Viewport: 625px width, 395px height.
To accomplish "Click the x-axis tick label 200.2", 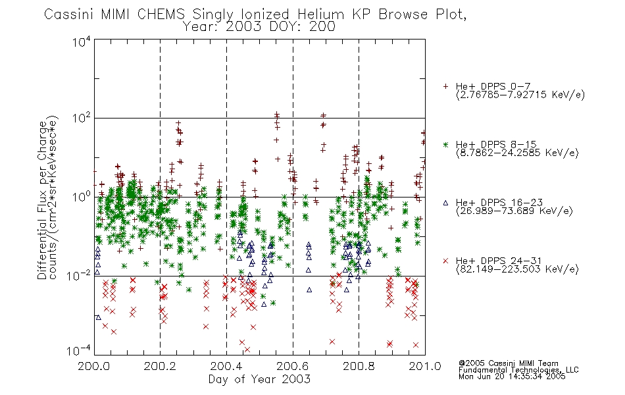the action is [x=160, y=366].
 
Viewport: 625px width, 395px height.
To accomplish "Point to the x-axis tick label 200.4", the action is [x=226, y=366].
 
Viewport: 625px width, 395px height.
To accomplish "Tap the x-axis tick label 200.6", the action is [x=292, y=366].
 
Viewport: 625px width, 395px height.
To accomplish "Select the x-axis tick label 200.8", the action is [x=359, y=366].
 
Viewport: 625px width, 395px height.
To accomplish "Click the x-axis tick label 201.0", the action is [x=425, y=366].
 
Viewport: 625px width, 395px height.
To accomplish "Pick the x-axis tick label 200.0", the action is [x=93, y=366].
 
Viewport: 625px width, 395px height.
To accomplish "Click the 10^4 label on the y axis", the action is [x=82, y=41].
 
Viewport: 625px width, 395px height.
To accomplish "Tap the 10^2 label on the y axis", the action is [x=82, y=118].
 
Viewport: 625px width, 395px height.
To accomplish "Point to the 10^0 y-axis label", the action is [x=82, y=197].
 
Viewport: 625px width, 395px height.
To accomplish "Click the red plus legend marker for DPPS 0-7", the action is [x=445, y=86].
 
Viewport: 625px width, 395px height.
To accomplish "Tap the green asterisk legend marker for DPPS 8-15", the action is [x=445, y=144].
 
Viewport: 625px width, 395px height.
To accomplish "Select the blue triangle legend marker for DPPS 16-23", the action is [x=445, y=203].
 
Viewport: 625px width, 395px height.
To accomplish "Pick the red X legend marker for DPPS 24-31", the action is [x=445, y=261].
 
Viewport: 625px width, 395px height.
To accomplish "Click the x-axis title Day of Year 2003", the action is [x=259, y=379].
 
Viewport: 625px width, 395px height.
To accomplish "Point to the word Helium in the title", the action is [x=320, y=14].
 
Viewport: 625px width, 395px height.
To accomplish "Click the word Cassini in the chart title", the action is [x=68, y=14].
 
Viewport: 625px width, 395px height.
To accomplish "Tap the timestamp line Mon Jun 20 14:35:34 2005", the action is [x=512, y=377].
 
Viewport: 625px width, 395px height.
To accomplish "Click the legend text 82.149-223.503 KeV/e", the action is [x=517, y=269].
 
